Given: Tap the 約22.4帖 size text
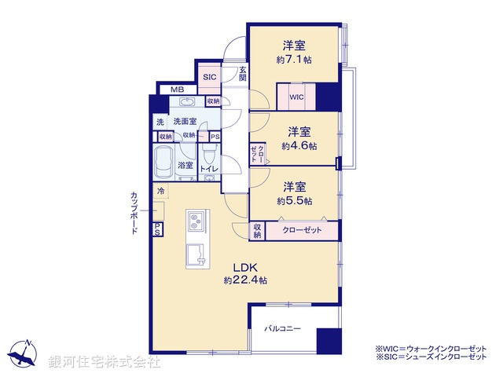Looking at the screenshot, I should [245, 280].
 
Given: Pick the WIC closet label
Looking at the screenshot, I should [296, 97].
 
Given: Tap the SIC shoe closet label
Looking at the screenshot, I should [210, 77].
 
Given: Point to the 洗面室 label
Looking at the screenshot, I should [185, 122].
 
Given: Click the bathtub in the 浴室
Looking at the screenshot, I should [163, 163].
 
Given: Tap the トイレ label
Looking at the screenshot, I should [209, 169].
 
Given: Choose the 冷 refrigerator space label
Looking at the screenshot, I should [160, 191].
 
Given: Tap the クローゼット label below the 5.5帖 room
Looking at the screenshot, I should [301, 231].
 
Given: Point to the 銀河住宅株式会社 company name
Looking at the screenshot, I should [105, 362].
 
